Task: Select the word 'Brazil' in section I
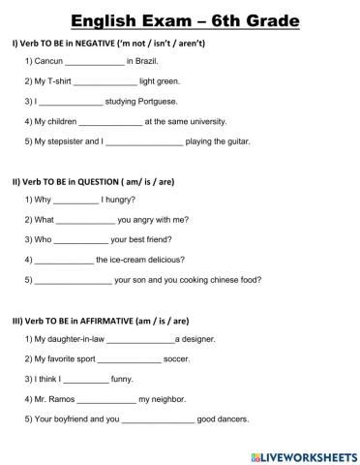[x=150, y=62]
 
